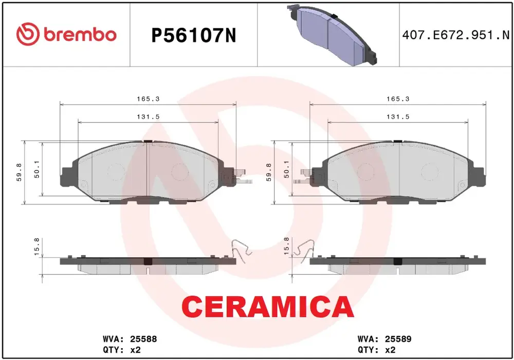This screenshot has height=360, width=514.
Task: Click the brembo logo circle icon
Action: (28, 34)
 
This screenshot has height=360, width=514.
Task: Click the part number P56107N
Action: (193, 35)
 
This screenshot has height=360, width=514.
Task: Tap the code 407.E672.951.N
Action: (455, 35)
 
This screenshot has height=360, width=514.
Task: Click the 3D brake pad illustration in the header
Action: (332, 35)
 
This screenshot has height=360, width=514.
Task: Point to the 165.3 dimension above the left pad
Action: (148, 99)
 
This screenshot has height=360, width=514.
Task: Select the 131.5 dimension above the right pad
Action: (398, 117)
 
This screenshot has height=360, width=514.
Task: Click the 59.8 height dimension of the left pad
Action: (20, 172)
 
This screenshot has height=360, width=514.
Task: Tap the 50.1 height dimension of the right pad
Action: (286, 169)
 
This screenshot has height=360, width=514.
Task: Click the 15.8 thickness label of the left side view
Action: (36, 247)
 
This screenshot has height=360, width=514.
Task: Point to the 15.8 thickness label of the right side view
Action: (286, 246)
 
